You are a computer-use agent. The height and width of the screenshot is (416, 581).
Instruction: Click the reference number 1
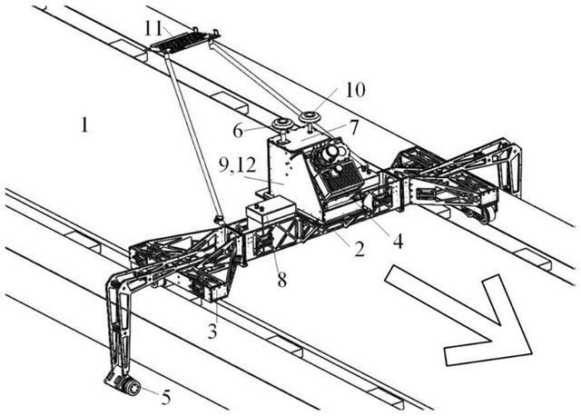tap(84, 124)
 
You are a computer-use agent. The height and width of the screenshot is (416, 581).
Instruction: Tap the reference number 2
tap(359, 247)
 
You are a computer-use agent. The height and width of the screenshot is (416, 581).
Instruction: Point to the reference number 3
tap(212, 332)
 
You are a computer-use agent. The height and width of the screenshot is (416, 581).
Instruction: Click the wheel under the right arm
tap(486, 214)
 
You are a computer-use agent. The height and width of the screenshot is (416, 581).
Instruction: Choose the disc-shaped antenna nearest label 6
tap(282, 124)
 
